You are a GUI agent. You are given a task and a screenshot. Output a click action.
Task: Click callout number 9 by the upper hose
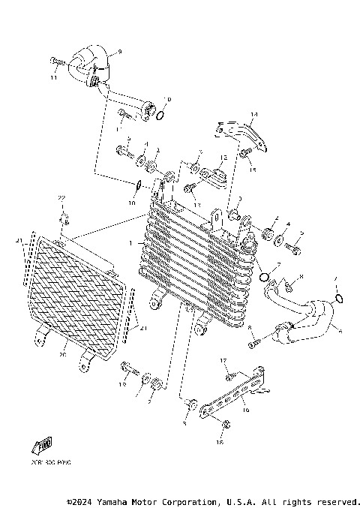click(x=118, y=51)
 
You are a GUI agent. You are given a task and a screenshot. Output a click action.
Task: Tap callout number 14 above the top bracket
click(x=253, y=115)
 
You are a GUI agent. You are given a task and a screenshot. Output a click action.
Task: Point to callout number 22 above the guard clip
click(x=63, y=197)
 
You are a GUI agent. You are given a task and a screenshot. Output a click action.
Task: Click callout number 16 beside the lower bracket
click(x=244, y=411)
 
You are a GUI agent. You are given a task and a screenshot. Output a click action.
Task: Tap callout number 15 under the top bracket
click(x=252, y=170)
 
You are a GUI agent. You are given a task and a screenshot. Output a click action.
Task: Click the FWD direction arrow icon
click(x=43, y=446)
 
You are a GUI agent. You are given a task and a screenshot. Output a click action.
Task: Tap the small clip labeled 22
click(x=65, y=219)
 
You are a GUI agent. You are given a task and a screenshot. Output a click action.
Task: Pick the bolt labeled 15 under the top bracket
click(x=244, y=153)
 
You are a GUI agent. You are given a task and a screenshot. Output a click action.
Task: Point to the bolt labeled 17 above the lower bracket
click(x=231, y=374)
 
